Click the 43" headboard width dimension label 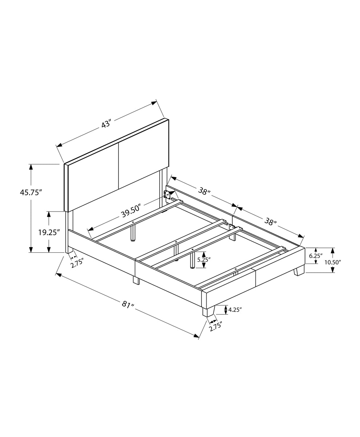coord(106,124)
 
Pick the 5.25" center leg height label coord(204,260)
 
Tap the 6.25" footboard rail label coord(316,255)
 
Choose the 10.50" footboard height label coord(333,262)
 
